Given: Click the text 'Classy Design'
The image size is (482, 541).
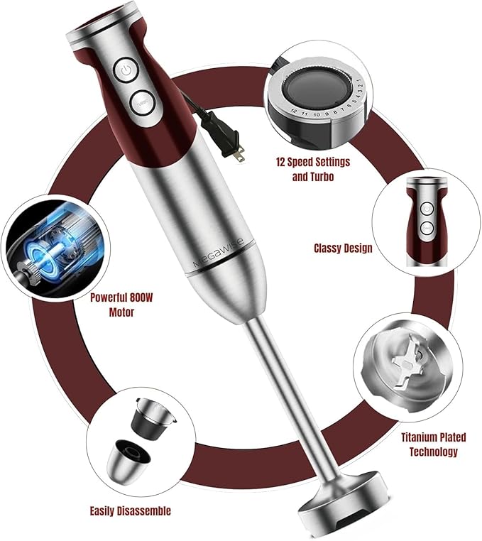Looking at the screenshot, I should click(x=342, y=248).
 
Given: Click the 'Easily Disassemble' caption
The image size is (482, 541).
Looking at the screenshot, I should click(x=130, y=510).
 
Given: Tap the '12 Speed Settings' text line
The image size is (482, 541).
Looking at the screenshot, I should click(x=312, y=162).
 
